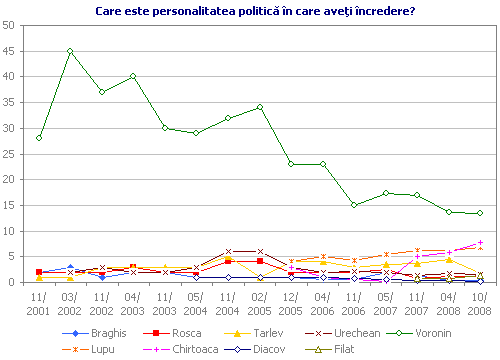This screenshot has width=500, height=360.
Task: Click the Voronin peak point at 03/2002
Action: [x=70, y=51]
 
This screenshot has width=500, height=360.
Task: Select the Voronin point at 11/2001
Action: [x=39, y=138]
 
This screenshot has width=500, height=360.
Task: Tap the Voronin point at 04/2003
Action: [x=133, y=76]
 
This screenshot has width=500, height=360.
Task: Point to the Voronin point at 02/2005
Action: [x=260, y=107]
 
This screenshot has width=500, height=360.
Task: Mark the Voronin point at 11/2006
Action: [x=354, y=205]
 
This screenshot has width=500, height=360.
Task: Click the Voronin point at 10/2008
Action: [x=480, y=213]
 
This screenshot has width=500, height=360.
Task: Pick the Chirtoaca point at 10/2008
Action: [x=480, y=242]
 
